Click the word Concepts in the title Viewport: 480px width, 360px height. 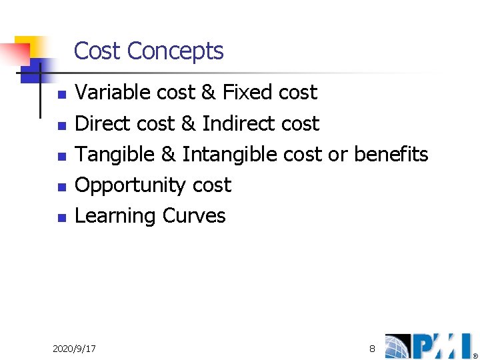(175, 51)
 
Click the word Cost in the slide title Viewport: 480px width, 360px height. (97, 51)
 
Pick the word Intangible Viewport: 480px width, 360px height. (230, 155)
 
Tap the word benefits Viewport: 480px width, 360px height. (391, 155)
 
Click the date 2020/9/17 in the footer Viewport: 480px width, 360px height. (74, 349)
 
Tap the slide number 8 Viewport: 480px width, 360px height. (372, 349)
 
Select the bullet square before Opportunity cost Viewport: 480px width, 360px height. (61, 187)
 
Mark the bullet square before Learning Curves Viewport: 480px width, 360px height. (61, 217)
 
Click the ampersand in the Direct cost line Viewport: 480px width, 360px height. (187, 123)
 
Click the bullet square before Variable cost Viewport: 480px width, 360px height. (61, 94)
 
